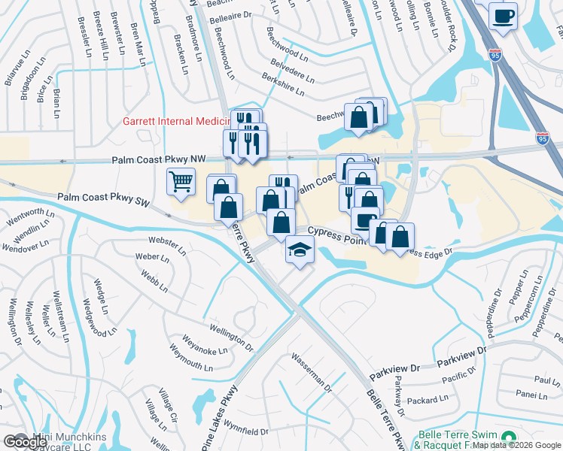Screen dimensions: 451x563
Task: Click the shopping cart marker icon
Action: coord(181,180)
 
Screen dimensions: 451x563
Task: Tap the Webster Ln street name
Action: coord(166,244)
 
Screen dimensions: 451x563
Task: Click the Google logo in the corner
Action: coord(25,442)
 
